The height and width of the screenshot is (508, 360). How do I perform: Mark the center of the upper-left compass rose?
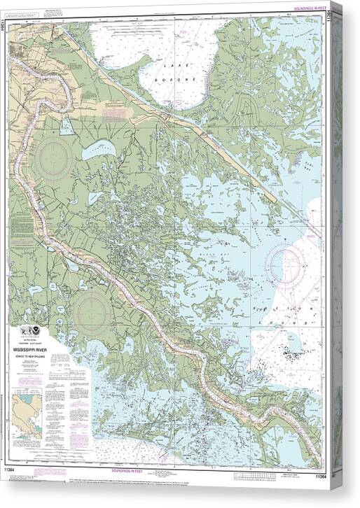[54, 158]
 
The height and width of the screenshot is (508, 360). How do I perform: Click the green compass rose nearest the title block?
[92, 312]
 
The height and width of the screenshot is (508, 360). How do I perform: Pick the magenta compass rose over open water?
[286, 266]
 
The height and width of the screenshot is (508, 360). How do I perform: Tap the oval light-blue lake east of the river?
[98, 150]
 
